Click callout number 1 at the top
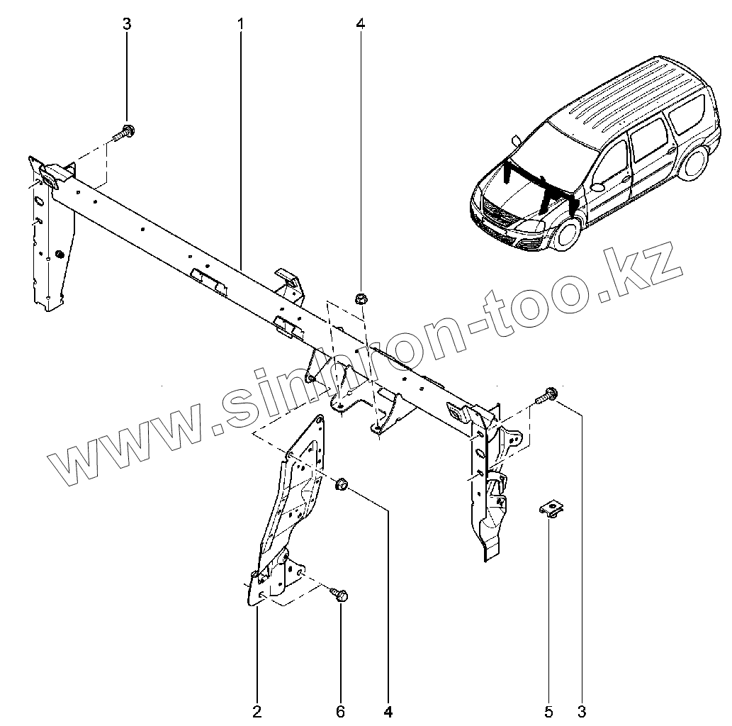(x=241, y=24)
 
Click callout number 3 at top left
(x=127, y=24)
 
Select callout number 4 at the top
(x=361, y=24)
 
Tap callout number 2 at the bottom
(x=257, y=710)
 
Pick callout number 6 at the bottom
(x=340, y=710)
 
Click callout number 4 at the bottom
(x=388, y=710)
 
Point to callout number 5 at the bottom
(x=549, y=710)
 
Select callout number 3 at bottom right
(x=582, y=710)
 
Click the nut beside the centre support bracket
(x=339, y=486)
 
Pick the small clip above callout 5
(x=551, y=508)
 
